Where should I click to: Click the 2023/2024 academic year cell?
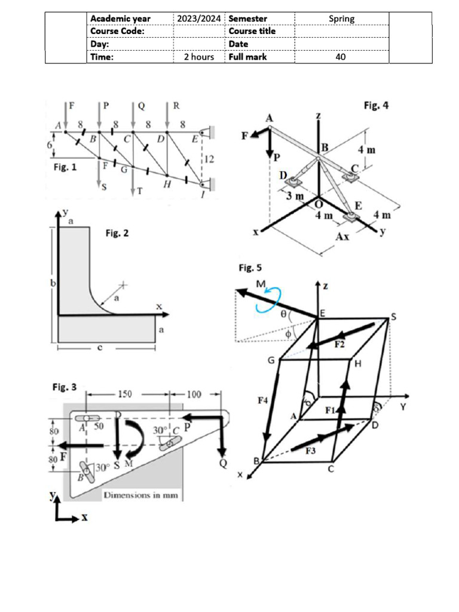point(198,19)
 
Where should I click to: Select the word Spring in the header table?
point(341,19)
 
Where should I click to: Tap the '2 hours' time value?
point(198,57)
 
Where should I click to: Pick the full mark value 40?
point(341,57)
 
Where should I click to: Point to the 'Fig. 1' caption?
point(65,168)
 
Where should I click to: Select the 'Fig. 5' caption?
point(250,267)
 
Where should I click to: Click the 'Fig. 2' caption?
point(117,233)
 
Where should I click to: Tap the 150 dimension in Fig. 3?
point(124,394)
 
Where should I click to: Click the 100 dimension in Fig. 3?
point(195,394)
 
